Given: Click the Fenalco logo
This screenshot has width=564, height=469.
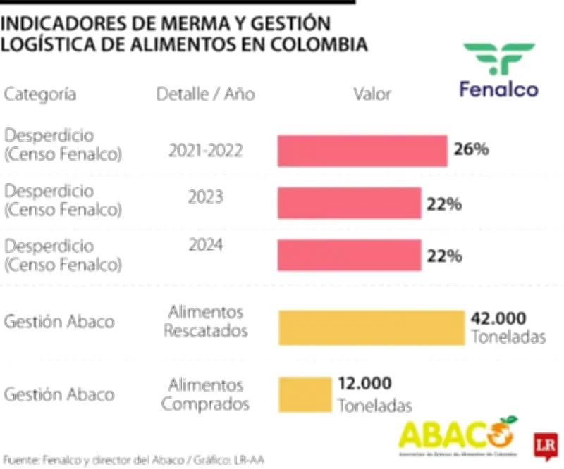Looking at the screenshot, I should (498, 70).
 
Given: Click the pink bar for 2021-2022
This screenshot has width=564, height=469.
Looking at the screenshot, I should (362, 151).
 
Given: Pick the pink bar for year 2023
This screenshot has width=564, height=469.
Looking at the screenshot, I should (349, 204).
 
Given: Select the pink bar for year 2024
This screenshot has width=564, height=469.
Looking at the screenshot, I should (349, 255).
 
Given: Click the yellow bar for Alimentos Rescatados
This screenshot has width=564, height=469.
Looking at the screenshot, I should (372, 327).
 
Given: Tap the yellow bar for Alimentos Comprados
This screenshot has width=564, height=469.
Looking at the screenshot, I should (305, 394).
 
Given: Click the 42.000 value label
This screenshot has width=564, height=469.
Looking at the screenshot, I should (498, 318).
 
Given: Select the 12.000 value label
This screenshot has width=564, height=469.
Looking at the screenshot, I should (364, 384).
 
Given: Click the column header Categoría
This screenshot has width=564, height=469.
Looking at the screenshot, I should (40, 94).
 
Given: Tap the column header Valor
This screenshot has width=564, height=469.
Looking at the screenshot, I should (372, 94).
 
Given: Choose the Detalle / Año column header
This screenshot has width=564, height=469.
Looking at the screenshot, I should (205, 94).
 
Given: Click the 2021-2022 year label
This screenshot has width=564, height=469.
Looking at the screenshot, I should (205, 150).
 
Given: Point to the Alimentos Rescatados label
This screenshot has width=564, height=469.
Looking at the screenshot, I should (205, 321).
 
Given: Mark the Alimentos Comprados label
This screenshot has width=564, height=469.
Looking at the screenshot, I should (205, 395).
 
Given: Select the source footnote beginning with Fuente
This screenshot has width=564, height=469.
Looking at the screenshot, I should (134, 460).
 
